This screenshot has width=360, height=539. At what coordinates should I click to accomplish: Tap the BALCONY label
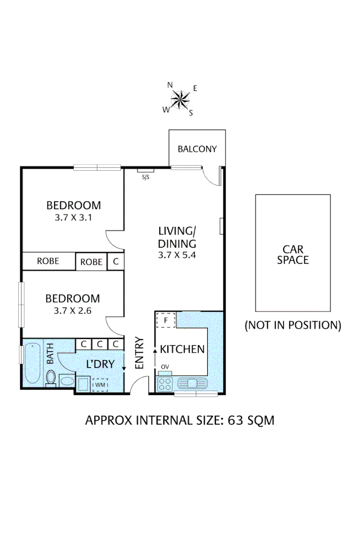[x=197, y=149]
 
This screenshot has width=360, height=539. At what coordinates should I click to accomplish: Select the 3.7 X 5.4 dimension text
[x=176, y=255]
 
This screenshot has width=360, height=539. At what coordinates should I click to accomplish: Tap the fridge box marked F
[x=165, y=320]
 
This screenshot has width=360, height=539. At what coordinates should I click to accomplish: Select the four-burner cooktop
[x=165, y=384]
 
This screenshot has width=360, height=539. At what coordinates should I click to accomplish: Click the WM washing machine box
[x=100, y=385]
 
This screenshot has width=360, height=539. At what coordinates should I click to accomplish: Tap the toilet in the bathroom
[x=51, y=377]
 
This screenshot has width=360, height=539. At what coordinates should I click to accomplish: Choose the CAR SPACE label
[x=293, y=254]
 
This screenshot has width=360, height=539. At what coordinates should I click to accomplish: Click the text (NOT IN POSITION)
[x=293, y=325]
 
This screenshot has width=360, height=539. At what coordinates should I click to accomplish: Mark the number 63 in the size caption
[x=236, y=420]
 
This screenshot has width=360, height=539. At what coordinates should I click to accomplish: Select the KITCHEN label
[x=182, y=349]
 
